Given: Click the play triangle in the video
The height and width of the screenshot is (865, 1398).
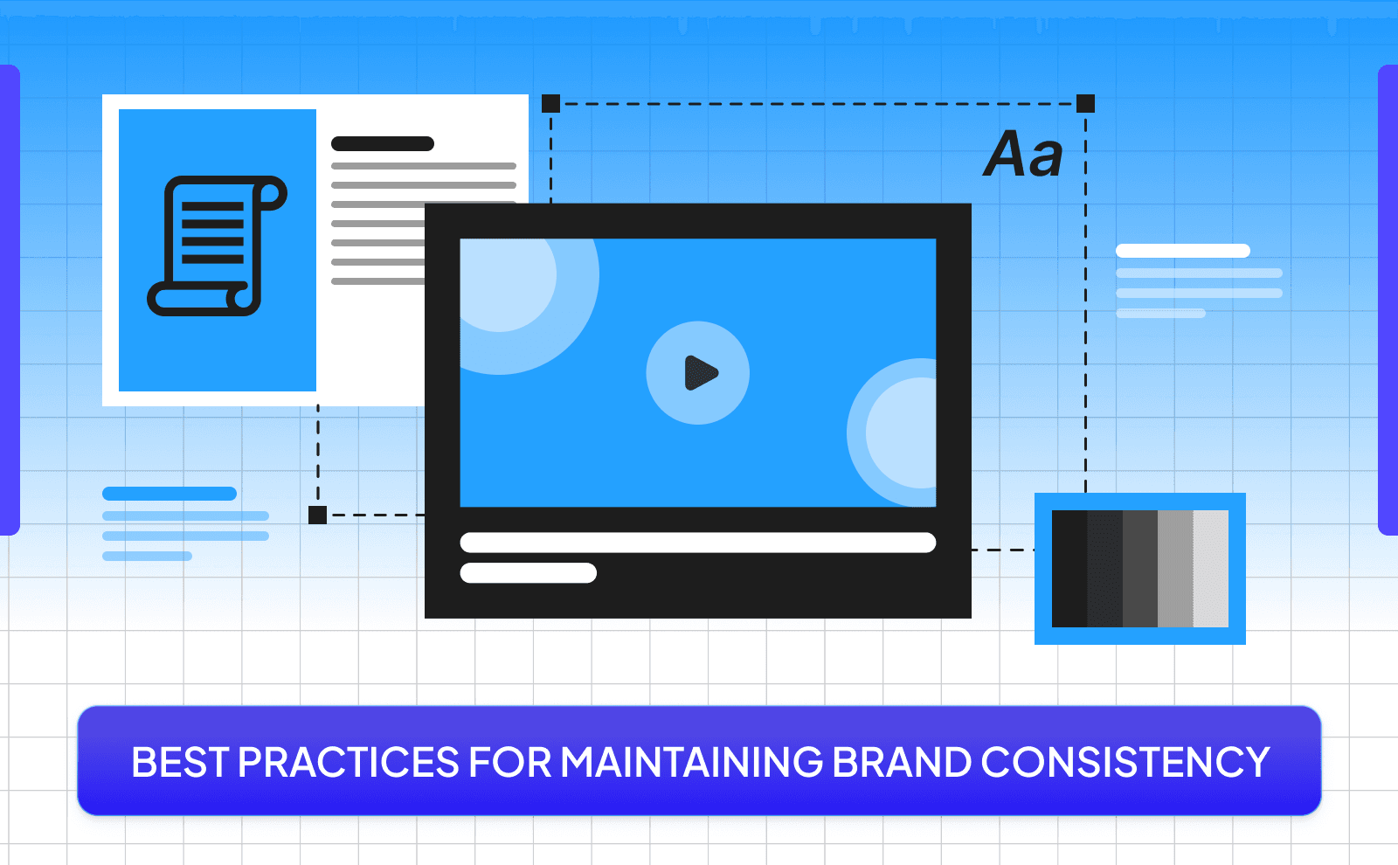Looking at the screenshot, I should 700,373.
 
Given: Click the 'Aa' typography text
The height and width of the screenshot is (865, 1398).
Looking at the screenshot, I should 1023,155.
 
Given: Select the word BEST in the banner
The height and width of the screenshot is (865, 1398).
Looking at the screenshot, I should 180,762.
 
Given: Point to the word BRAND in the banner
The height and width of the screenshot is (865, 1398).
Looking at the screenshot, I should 902,762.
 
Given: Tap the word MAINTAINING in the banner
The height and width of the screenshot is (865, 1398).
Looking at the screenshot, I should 691,762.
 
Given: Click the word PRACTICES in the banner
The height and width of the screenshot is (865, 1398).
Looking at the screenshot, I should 349,762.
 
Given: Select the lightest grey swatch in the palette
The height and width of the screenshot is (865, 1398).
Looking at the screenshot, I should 1211,569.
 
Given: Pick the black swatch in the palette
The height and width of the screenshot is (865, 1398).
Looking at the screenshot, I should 1069,569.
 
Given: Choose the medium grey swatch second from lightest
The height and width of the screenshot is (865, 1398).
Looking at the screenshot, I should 1175,569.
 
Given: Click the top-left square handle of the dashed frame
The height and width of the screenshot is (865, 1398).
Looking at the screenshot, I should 550,104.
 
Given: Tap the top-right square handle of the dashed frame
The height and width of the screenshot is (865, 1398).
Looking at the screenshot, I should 1085,104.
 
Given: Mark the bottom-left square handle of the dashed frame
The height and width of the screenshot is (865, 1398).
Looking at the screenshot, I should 318,515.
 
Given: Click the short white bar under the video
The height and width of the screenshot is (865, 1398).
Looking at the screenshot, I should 528,573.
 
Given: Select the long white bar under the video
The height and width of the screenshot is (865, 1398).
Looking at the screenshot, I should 697,543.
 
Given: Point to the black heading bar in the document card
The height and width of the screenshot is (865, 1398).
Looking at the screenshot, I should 383,144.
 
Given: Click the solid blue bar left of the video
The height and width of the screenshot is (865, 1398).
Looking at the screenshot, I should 170,494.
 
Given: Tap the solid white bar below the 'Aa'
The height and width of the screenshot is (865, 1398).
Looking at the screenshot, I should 1183,251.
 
